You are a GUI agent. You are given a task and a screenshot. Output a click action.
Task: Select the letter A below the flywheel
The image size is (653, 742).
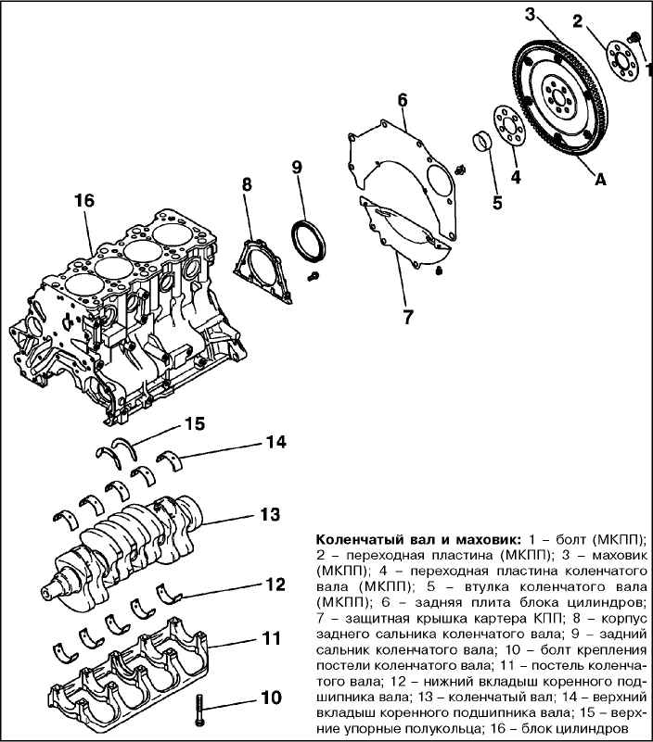599,182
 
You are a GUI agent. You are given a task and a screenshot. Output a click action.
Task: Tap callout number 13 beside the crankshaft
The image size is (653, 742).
269,513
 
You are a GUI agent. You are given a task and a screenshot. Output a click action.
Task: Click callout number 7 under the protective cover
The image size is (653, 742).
407,316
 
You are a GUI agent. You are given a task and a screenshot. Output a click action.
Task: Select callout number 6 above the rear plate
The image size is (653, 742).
403,99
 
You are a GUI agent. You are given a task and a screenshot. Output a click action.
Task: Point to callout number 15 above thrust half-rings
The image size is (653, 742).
193,423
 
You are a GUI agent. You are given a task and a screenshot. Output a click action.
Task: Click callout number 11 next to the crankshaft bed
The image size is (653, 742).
269,638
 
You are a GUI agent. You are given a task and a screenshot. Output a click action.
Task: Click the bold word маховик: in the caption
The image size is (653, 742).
488,538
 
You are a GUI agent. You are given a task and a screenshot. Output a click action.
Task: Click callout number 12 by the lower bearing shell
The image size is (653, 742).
274,585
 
